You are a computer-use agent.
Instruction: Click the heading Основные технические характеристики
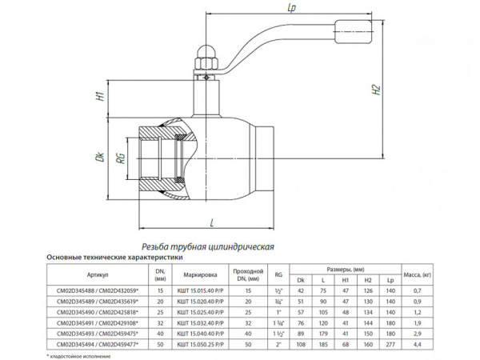pyautogui.click(x=115, y=258)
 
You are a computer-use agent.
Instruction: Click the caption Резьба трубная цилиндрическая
pyautogui.click(x=207, y=246)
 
